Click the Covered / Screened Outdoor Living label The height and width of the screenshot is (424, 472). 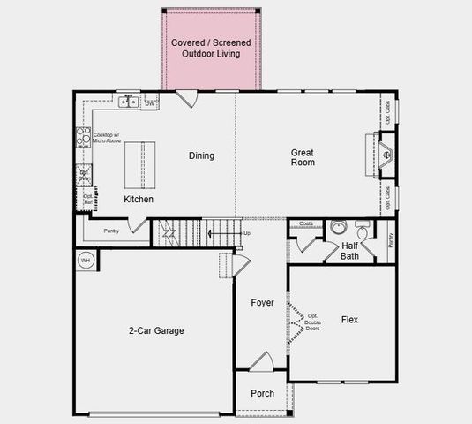pyautogui.click(x=211, y=48)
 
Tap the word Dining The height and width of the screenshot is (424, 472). pyautogui.click(x=201, y=156)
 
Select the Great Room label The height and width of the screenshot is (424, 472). pyautogui.click(x=303, y=157)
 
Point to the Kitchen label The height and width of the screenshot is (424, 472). pyautogui.click(x=138, y=200)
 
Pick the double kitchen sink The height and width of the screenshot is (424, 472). pyautogui.click(x=129, y=102)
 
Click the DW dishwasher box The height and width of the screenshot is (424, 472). pyautogui.click(x=150, y=103)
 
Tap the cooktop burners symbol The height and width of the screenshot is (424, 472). pyautogui.click(x=84, y=137)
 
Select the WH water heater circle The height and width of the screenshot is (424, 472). pyautogui.click(x=86, y=260)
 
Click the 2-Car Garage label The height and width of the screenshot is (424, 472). pyautogui.click(x=156, y=330)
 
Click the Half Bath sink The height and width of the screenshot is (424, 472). pyautogui.click(x=340, y=228)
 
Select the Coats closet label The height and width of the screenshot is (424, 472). pyautogui.click(x=306, y=224)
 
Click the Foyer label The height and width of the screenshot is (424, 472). pyautogui.click(x=261, y=302)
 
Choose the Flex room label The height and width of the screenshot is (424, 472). pyautogui.click(x=349, y=320)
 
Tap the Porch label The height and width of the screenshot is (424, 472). pyautogui.click(x=262, y=394)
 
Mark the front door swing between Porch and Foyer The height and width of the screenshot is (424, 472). pyautogui.click(x=261, y=361)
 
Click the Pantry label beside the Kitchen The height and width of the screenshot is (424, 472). pyautogui.click(x=111, y=231)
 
